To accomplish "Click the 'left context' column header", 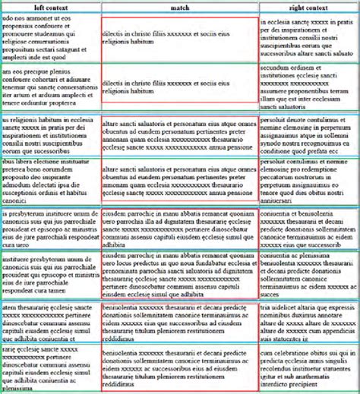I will point(50,7).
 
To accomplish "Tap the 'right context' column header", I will point(308,7).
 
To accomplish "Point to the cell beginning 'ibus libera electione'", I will point(50,182).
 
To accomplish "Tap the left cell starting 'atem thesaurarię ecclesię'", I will point(50,323).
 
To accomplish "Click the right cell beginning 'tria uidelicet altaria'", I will point(308,323).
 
